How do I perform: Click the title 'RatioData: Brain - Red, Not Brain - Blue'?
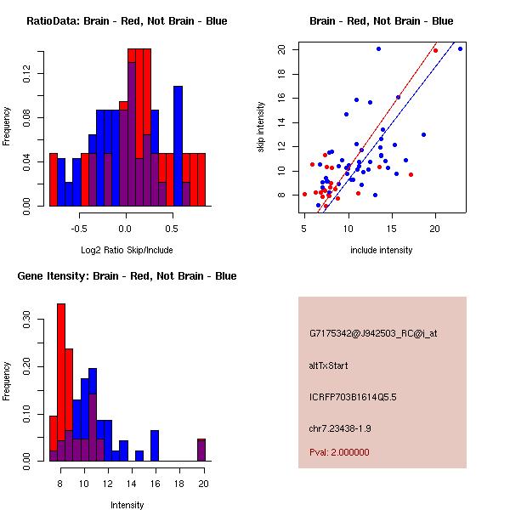(x=127, y=21)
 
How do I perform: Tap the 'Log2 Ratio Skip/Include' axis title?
(x=126, y=250)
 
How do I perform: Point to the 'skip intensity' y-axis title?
(x=262, y=127)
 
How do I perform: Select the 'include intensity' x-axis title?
(x=382, y=250)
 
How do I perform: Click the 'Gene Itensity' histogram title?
(x=127, y=276)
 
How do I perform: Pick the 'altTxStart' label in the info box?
(x=328, y=365)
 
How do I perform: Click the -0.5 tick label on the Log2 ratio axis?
(x=79, y=228)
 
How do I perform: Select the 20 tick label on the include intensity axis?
(x=435, y=228)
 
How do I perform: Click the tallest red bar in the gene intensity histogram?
(x=61, y=382)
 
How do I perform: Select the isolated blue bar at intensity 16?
(x=155, y=445)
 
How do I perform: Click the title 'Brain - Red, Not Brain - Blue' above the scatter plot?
(x=382, y=21)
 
